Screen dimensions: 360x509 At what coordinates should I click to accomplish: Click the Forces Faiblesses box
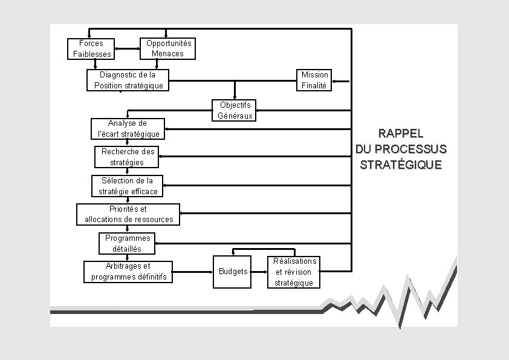click(91, 48)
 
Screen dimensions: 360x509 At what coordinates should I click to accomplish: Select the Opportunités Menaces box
click(169, 48)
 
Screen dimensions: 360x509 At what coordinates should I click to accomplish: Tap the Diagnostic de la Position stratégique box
click(128, 80)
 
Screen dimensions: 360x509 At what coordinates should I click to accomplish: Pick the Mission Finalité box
click(314, 80)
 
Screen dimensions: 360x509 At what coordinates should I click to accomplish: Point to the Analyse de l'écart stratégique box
click(128, 128)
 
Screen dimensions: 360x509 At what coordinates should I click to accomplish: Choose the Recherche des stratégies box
click(127, 157)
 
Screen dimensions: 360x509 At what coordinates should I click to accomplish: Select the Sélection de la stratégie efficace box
click(128, 186)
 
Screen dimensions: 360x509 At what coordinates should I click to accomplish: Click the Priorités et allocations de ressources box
click(128, 214)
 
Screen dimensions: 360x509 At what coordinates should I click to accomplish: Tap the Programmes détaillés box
click(127, 243)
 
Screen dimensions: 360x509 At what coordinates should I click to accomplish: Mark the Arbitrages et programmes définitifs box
click(128, 272)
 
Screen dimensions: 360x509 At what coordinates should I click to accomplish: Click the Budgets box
click(231, 271)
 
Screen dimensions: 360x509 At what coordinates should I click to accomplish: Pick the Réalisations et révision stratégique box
click(294, 272)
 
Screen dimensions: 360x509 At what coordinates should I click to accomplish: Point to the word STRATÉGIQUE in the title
click(401, 165)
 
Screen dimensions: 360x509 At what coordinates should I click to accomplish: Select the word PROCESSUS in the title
click(418, 149)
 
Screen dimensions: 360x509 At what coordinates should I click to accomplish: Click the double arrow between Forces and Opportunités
click(126, 48)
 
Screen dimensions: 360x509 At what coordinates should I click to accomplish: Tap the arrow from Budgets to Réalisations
click(258, 271)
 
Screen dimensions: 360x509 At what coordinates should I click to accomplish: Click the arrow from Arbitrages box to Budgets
click(192, 271)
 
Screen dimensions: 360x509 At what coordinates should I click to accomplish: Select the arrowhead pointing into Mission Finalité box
click(335, 80)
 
